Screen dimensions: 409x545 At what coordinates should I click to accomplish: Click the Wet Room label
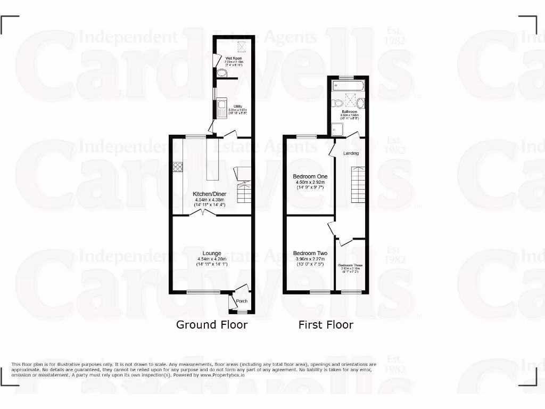(233, 58)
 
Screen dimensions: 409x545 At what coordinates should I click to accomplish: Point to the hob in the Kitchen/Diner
(177, 167)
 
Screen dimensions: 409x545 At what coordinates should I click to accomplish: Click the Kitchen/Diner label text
(212, 194)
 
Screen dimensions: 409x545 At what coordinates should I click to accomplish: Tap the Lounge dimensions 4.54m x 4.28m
(212, 259)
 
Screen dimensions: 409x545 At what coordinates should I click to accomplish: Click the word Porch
(242, 301)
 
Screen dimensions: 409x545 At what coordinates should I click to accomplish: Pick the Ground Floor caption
(212, 324)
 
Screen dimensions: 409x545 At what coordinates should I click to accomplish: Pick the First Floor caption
(326, 324)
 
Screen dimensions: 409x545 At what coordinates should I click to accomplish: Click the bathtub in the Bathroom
(350, 85)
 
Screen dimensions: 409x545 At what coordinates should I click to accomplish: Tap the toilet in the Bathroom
(360, 103)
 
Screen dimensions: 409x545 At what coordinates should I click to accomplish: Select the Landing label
(351, 153)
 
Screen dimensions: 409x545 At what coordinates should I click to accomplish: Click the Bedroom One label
(310, 176)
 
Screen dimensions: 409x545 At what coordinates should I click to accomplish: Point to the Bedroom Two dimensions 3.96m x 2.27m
(310, 259)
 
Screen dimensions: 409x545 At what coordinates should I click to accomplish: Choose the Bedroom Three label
(350, 265)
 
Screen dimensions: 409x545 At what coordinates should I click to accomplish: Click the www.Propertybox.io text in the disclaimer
(222, 375)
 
